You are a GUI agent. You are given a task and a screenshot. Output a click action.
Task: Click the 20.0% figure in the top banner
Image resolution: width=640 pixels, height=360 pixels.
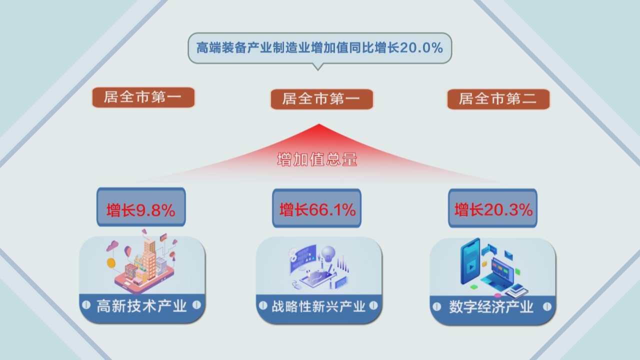coord(421,47)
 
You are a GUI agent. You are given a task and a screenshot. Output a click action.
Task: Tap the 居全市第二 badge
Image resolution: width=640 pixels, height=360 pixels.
coord(498,99)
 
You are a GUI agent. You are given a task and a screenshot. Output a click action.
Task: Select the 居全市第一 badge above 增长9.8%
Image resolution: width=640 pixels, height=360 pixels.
coord(143,97)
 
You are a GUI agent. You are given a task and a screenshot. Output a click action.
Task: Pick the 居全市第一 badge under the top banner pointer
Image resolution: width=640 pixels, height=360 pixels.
coord(321,99)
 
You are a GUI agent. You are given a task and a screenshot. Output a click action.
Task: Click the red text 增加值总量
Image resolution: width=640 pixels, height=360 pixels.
coord(317,159)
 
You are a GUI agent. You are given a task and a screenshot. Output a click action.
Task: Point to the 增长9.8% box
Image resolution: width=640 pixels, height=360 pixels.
coord(141,207)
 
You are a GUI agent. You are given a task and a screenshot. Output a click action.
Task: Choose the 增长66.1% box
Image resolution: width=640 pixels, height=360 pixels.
coord(317,208)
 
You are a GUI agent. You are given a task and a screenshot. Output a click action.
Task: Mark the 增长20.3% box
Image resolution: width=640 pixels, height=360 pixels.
coord(493,208)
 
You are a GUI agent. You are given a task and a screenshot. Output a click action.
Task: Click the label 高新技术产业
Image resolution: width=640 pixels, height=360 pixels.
coord(141,306)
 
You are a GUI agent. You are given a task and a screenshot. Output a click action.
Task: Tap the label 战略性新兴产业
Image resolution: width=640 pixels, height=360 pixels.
coord(318,306)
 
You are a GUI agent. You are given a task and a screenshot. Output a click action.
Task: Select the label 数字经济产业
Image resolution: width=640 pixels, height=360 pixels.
coord(491,307)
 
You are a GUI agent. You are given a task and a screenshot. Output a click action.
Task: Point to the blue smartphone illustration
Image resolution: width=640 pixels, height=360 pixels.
coord(470,261)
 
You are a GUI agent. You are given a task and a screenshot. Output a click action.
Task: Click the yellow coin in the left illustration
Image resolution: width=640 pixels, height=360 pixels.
coord(111,263)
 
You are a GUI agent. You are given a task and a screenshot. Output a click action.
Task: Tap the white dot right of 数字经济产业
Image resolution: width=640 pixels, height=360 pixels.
coord(547,307)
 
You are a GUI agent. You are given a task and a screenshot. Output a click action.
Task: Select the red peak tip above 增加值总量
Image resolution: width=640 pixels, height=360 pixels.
coord(319,124)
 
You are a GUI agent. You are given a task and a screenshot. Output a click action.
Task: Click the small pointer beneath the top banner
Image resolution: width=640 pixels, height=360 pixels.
coord(317,67)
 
